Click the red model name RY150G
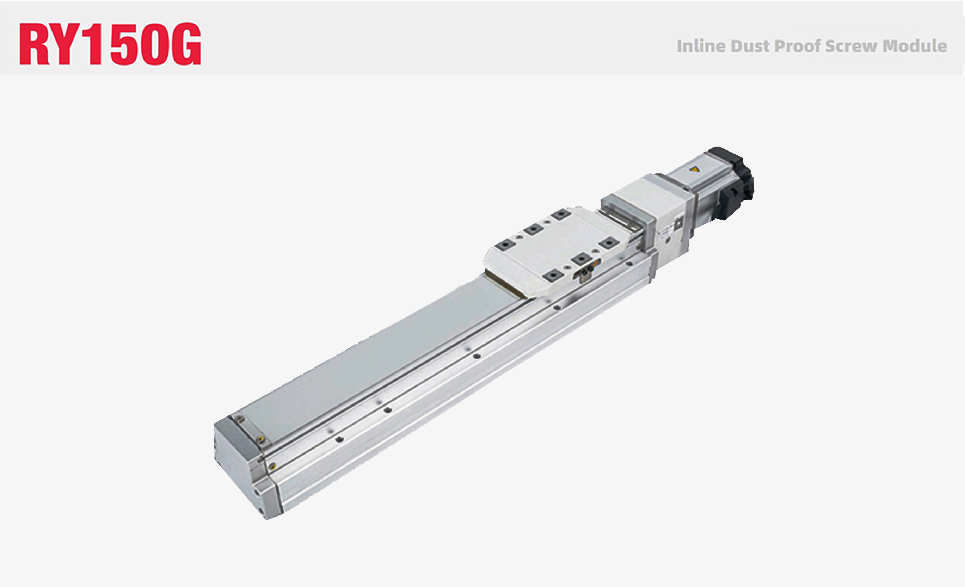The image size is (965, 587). point(110,44)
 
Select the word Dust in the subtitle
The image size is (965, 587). point(750,46)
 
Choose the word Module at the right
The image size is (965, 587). point(915,46)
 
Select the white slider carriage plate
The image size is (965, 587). point(556,251)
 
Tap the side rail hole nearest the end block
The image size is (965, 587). point(339,439)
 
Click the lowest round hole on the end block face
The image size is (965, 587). point(261,511)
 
